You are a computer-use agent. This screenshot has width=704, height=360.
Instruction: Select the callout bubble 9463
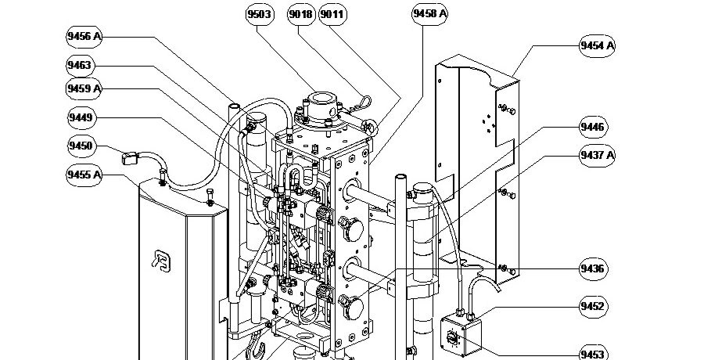coord(80,66)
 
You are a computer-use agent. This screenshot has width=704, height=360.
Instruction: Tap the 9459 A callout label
coord(85,89)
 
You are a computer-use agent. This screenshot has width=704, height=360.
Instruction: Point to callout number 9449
coord(81,118)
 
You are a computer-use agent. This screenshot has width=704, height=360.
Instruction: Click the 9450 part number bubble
coord(80,146)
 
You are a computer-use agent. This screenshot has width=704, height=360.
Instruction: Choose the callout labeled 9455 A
coord(85,174)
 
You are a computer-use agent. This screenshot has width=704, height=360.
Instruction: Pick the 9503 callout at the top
coord(259,15)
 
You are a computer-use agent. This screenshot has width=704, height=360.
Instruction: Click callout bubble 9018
coord(300,15)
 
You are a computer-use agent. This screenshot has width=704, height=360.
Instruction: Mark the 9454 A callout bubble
coord(597,46)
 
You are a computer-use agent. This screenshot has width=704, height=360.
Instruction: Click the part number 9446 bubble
coord(592,127)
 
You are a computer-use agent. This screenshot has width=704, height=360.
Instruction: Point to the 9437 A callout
coord(597,155)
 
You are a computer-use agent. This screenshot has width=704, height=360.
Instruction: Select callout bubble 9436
coord(592,269)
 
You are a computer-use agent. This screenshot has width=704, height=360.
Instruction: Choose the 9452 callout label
coord(593,306)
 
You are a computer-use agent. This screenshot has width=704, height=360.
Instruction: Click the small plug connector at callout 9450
coord(131,159)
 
